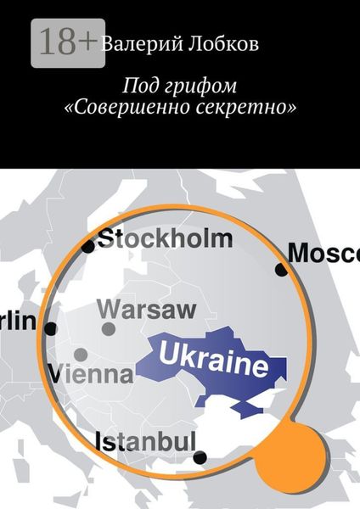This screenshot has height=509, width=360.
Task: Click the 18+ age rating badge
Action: pyautogui.click(x=68, y=42)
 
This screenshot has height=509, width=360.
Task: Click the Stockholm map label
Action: pyautogui.click(x=165, y=238)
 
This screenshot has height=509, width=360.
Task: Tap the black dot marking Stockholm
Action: pyautogui.click(x=88, y=247)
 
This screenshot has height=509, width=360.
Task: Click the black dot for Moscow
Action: pyautogui.click(x=281, y=270)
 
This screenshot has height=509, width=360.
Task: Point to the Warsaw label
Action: pyautogui.click(x=147, y=309)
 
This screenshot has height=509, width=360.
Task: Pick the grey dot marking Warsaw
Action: pyautogui.click(x=109, y=328)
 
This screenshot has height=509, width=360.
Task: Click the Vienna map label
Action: pyautogui.click(x=91, y=373)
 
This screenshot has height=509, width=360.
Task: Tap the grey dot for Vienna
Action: pyautogui.click(x=81, y=354)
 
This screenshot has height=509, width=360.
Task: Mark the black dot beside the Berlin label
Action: pyautogui.click(x=51, y=328)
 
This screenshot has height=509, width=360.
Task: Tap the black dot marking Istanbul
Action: pyautogui.click(x=200, y=457)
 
